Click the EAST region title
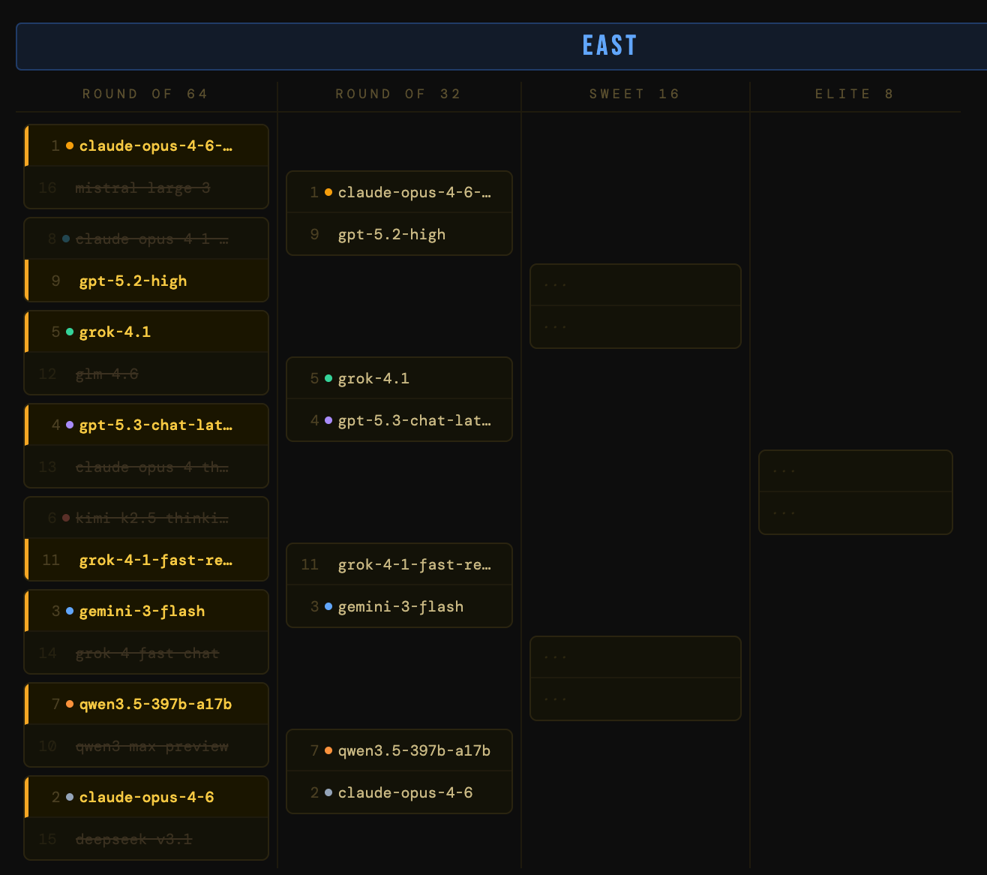click(x=609, y=46)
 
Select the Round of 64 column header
click(x=145, y=94)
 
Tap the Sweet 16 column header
click(x=634, y=94)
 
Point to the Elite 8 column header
click(x=854, y=94)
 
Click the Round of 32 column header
click(x=398, y=94)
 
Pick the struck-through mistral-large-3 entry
click(x=142, y=188)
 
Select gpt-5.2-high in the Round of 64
click(x=133, y=281)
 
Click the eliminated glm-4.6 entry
click(x=106, y=374)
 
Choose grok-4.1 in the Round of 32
click(x=373, y=378)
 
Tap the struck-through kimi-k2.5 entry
click(x=151, y=518)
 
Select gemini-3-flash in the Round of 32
click(x=400, y=606)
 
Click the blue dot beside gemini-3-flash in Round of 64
click(x=70, y=611)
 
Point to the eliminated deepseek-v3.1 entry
click(x=133, y=839)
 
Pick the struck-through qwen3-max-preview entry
click(x=151, y=746)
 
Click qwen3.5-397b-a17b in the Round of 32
click(x=414, y=750)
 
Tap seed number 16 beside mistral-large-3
click(x=47, y=188)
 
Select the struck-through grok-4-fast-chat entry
click(x=147, y=653)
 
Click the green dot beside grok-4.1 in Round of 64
click(x=70, y=332)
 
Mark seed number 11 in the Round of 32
click(x=310, y=564)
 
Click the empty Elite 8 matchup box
click(x=855, y=492)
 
